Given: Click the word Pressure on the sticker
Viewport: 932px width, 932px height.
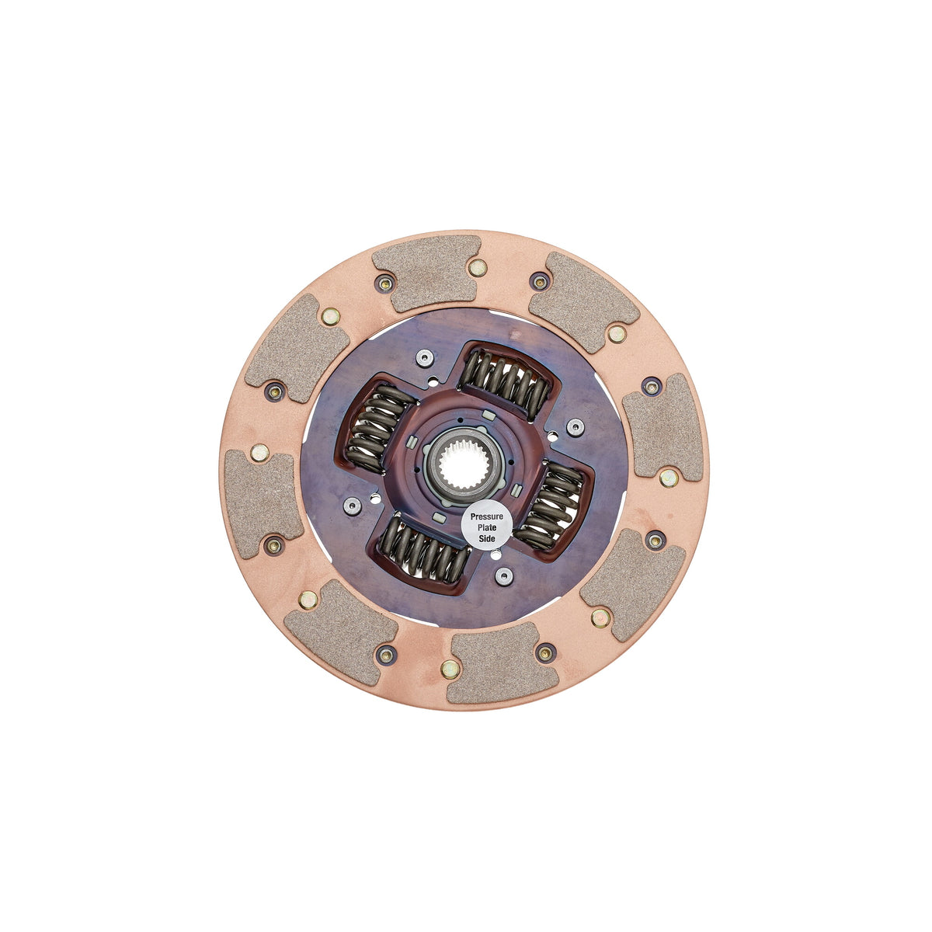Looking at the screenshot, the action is pos(486,516).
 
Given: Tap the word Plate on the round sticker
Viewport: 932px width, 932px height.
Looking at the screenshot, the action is pos(486,527).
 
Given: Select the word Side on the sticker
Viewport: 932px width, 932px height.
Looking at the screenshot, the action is pos(486,538).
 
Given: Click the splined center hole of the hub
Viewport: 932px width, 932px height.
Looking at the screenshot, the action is pos(464,466).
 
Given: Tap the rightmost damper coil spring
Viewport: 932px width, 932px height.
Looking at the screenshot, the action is pos(551,506).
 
